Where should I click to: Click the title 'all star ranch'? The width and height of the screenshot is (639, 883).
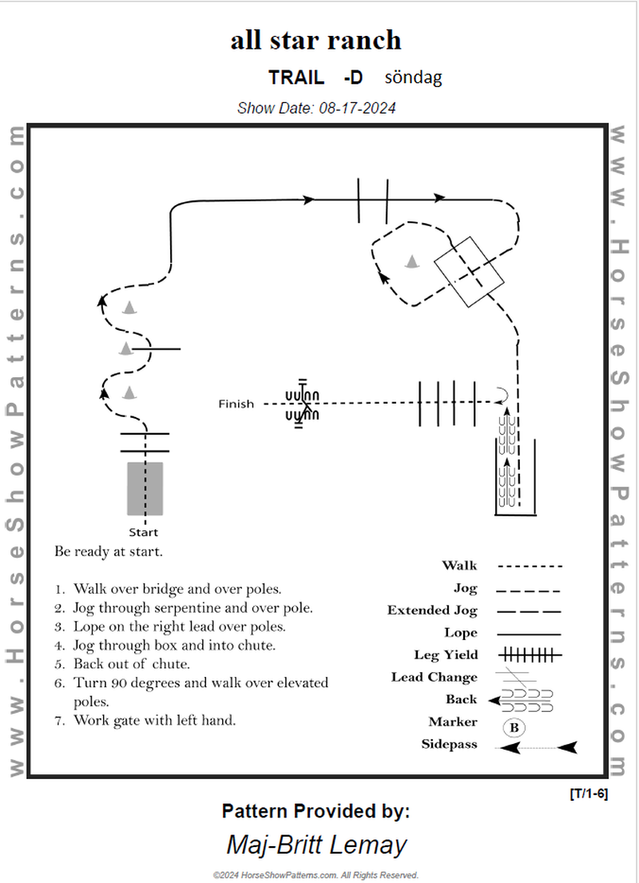point(316,40)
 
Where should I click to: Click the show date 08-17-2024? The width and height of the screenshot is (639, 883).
point(316,108)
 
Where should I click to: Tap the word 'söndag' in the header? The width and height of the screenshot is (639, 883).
point(413,78)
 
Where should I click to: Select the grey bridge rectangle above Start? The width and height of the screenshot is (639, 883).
point(145,488)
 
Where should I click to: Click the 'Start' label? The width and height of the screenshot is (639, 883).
point(144,532)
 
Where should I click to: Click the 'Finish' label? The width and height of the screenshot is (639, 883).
point(236,404)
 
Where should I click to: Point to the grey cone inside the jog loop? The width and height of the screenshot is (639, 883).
point(412,261)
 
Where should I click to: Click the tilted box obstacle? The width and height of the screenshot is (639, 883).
point(469,271)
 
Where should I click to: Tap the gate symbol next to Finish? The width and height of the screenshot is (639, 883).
point(303,404)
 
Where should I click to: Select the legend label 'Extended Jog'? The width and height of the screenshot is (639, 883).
point(432,611)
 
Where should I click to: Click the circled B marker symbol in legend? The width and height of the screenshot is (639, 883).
point(514,728)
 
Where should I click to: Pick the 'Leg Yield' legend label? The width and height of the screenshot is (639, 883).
point(446,655)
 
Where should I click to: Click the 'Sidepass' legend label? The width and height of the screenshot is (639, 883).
point(449,745)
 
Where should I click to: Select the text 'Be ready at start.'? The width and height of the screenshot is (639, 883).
point(109,551)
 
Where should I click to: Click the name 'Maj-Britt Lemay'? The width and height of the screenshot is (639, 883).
point(316,845)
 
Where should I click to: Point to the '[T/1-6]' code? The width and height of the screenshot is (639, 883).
point(589,794)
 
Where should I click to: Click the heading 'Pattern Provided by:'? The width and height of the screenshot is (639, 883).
point(316,812)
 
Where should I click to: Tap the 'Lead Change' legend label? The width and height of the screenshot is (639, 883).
point(434,678)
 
